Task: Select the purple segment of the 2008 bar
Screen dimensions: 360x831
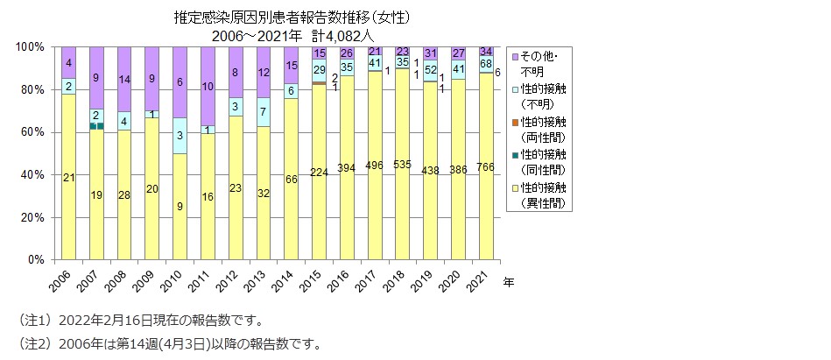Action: click(123, 79)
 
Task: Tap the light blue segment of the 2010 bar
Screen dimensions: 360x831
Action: click(179, 136)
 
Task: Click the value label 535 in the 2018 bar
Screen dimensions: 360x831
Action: click(403, 164)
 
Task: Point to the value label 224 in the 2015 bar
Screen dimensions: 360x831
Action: click(319, 172)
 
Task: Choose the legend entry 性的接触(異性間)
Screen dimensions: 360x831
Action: click(543, 195)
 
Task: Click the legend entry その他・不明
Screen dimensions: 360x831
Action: click(543, 59)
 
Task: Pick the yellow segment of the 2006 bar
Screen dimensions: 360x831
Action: click(68, 177)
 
